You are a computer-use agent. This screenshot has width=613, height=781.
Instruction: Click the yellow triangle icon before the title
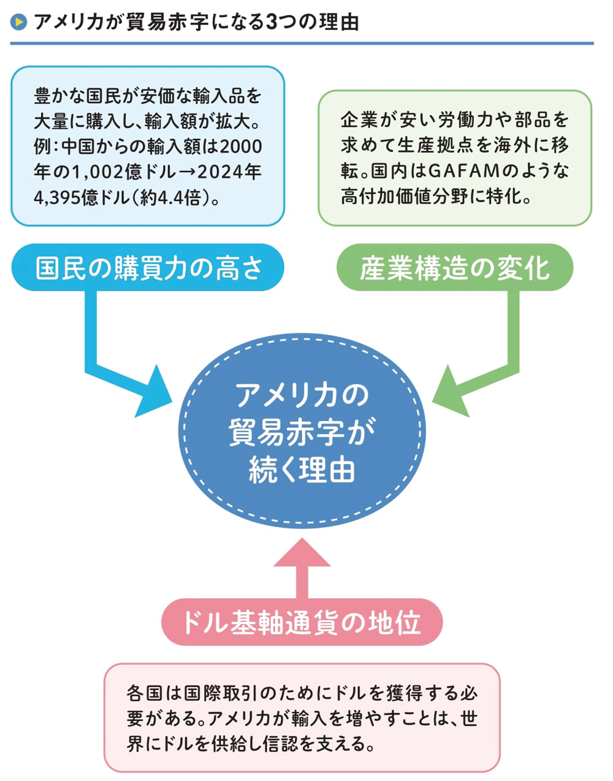click(x=19, y=23)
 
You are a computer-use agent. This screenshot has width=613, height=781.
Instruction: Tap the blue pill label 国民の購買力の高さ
click(x=149, y=268)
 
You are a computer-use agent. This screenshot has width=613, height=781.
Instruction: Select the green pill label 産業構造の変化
click(x=455, y=268)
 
